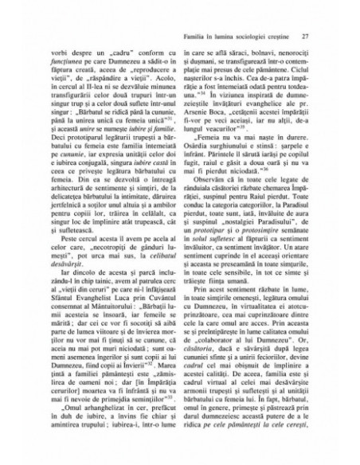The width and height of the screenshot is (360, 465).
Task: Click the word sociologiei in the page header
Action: (x=246, y=35)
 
